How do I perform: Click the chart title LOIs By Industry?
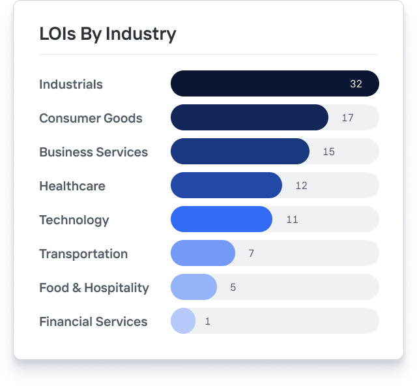click(108, 34)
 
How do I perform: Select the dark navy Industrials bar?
click(261, 83)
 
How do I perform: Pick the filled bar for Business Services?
click(240, 151)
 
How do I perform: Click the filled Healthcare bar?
click(226, 185)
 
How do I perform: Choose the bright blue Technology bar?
click(222, 219)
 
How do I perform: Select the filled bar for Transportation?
click(203, 253)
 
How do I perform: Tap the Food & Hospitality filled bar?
click(194, 287)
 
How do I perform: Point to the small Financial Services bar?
click(183, 321)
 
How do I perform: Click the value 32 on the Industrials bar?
click(356, 84)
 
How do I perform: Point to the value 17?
click(347, 118)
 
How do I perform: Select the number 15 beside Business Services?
click(328, 152)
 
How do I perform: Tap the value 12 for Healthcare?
click(301, 186)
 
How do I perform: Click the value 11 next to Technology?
click(292, 220)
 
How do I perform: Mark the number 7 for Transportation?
click(252, 254)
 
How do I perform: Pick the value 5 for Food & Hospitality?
click(233, 288)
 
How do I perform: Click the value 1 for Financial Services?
click(208, 321)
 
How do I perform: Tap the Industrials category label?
click(71, 84)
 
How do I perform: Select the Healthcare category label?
click(72, 186)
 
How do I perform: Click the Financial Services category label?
click(93, 321)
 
